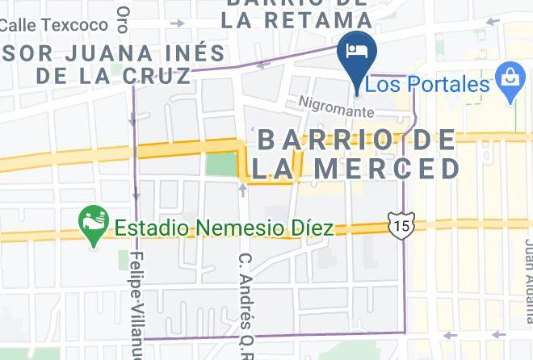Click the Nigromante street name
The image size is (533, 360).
[x=336, y=106]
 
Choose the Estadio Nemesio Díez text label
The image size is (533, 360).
[x=224, y=228]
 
